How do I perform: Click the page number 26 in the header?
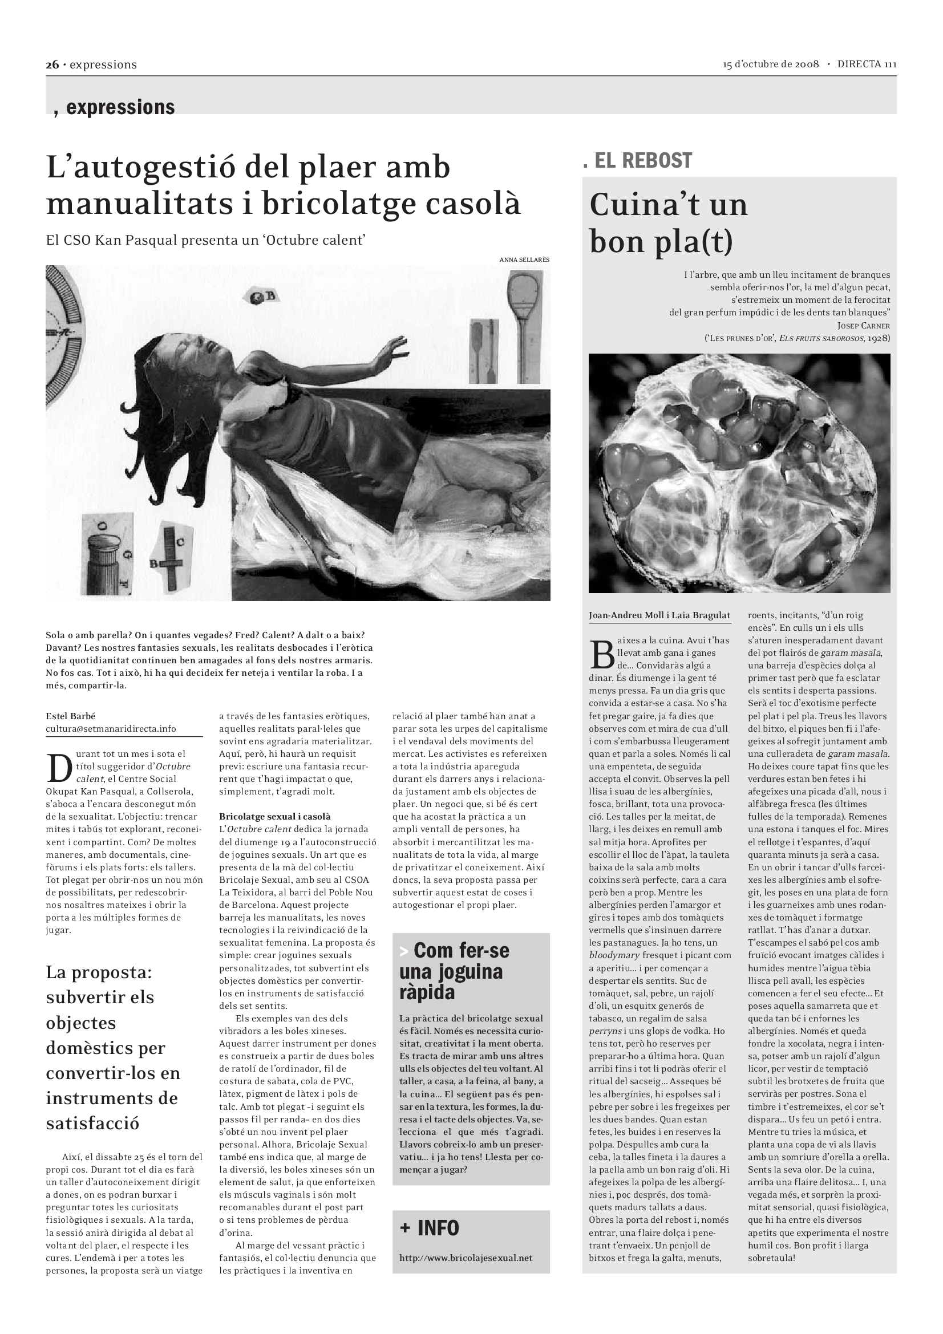(52, 64)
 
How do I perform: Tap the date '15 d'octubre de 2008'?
(771, 64)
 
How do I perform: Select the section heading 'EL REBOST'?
(642, 160)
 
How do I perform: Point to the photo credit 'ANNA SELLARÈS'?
(524, 259)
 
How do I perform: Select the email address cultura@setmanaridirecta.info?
(111, 728)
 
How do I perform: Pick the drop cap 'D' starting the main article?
(59, 769)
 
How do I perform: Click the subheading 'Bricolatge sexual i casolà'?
(275, 816)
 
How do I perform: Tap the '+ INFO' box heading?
(430, 1228)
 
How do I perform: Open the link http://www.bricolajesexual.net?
(466, 1258)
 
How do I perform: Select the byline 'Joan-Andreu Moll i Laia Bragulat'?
(659, 615)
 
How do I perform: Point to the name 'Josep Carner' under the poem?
(863, 325)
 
